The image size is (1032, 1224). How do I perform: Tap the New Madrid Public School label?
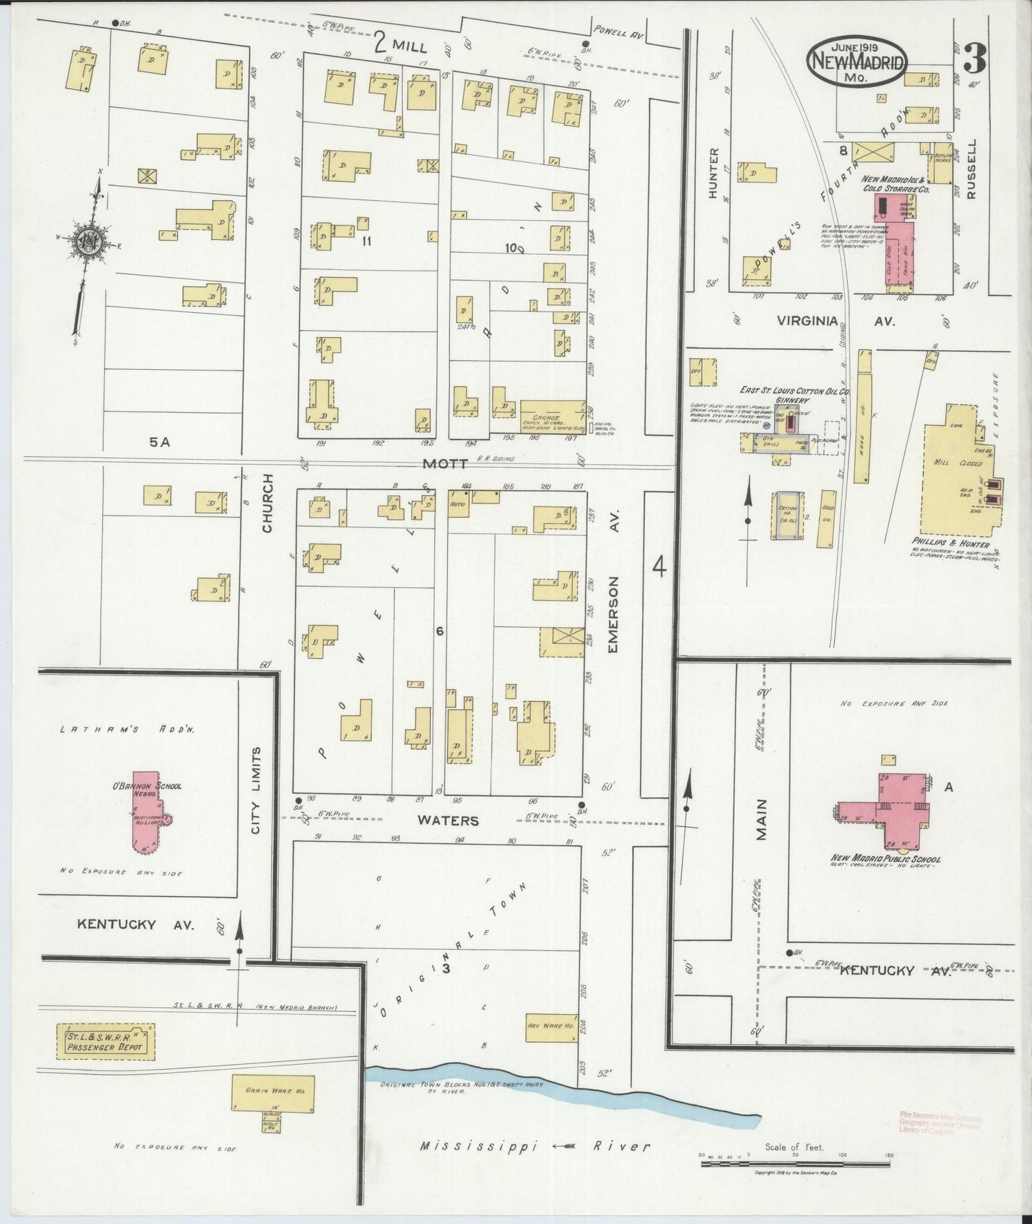885,859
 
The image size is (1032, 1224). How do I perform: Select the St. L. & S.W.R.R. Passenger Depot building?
106,1043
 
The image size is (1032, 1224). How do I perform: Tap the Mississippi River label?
535,1146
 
